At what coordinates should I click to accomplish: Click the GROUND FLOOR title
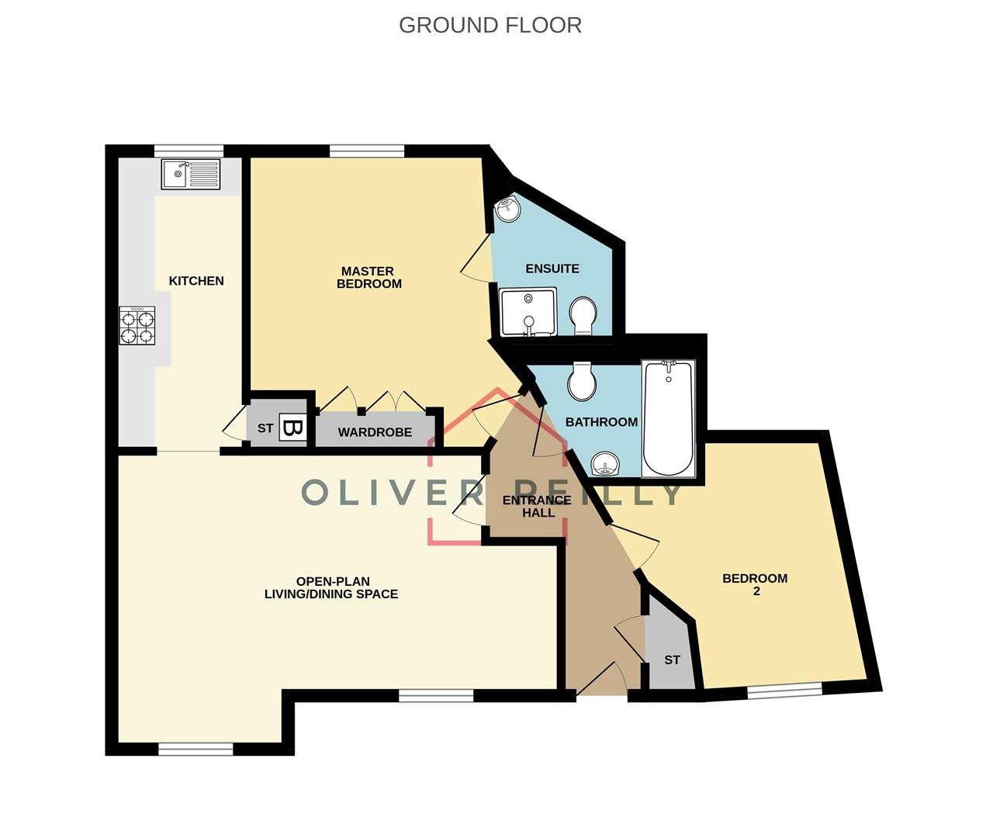(x=490, y=25)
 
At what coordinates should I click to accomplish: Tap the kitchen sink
(x=191, y=174)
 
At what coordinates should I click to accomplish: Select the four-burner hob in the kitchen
(x=137, y=326)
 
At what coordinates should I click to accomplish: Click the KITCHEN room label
(x=196, y=281)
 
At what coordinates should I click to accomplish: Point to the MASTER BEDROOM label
(x=368, y=277)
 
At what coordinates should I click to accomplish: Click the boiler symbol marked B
(x=292, y=428)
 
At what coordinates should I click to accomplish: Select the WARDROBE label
(x=375, y=432)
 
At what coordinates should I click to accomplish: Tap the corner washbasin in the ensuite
(x=508, y=208)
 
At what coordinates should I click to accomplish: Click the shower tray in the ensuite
(x=528, y=312)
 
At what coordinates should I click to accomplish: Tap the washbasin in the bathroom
(x=606, y=465)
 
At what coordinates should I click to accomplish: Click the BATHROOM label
(x=601, y=422)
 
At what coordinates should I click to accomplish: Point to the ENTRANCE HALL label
(x=537, y=506)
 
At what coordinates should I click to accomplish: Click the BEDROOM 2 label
(x=755, y=584)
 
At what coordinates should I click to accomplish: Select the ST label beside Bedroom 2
(x=672, y=660)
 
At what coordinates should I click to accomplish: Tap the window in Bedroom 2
(x=784, y=690)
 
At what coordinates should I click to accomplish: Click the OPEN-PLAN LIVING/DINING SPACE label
(x=331, y=587)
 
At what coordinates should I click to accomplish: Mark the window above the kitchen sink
(x=189, y=151)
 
